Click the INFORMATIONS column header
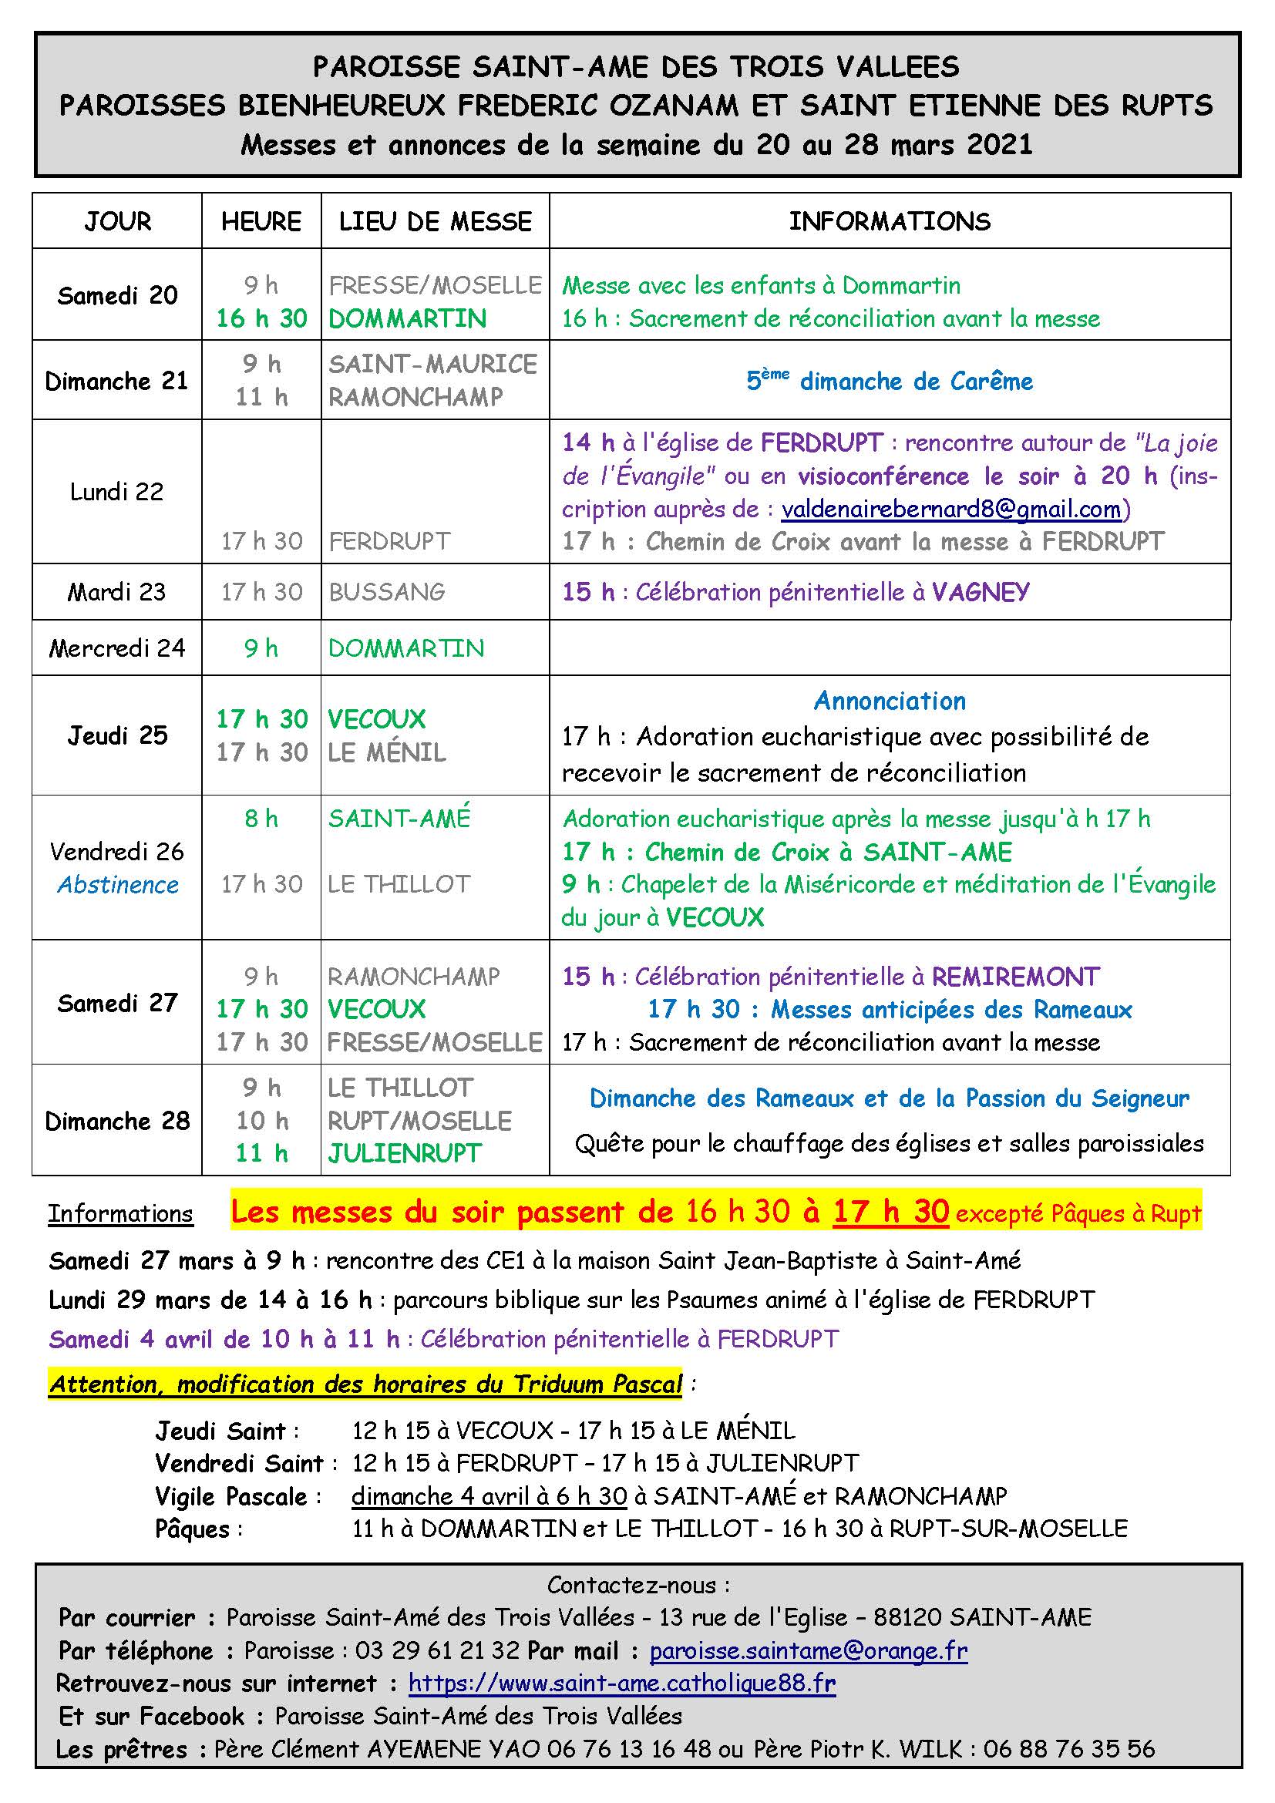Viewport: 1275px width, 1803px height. click(890, 221)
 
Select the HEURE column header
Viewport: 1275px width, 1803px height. click(261, 221)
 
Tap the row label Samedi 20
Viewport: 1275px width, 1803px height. click(117, 295)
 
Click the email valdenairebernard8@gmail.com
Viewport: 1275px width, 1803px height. click(950, 509)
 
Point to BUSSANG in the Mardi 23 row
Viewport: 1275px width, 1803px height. click(387, 591)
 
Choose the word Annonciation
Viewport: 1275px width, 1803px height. click(890, 701)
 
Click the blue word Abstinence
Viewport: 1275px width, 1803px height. click(118, 884)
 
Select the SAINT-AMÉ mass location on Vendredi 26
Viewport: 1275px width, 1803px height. click(399, 819)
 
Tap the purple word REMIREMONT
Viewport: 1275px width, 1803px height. click(1015, 976)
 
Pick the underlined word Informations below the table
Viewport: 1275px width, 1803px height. click(120, 1213)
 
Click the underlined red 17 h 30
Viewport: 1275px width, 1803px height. click(891, 1212)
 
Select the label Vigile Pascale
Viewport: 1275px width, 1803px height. click(230, 1497)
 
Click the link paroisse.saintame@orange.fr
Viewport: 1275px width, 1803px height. click(808, 1650)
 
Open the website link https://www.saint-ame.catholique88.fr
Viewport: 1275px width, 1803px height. click(622, 1683)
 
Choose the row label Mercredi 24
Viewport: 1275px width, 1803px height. click(117, 648)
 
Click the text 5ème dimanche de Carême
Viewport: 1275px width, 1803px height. click(890, 381)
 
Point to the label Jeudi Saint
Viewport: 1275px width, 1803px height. click(220, 1431)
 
